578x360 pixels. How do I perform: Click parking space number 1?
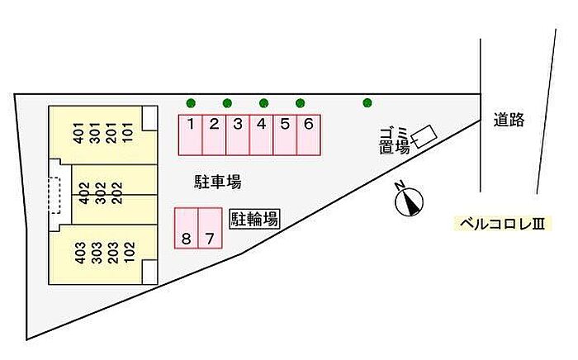click(191, 135)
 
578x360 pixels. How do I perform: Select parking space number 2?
click(214, 135)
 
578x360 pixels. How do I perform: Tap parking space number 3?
click(238, 135)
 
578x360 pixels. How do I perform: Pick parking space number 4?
click(261, 135)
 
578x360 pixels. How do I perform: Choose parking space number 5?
click(285, 135)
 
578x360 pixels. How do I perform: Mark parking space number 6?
click(308, 135)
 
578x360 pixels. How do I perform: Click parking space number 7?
click(211, 229)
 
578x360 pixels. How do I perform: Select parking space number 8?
click(187, 229)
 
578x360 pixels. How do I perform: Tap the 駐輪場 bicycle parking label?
click(253, 219)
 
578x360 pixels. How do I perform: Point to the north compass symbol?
click(409, 200)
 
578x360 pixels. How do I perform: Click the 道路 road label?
click(509, 121)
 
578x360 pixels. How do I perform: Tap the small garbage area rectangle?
click(426, 136)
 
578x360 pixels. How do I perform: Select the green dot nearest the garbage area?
click(367, 103)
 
